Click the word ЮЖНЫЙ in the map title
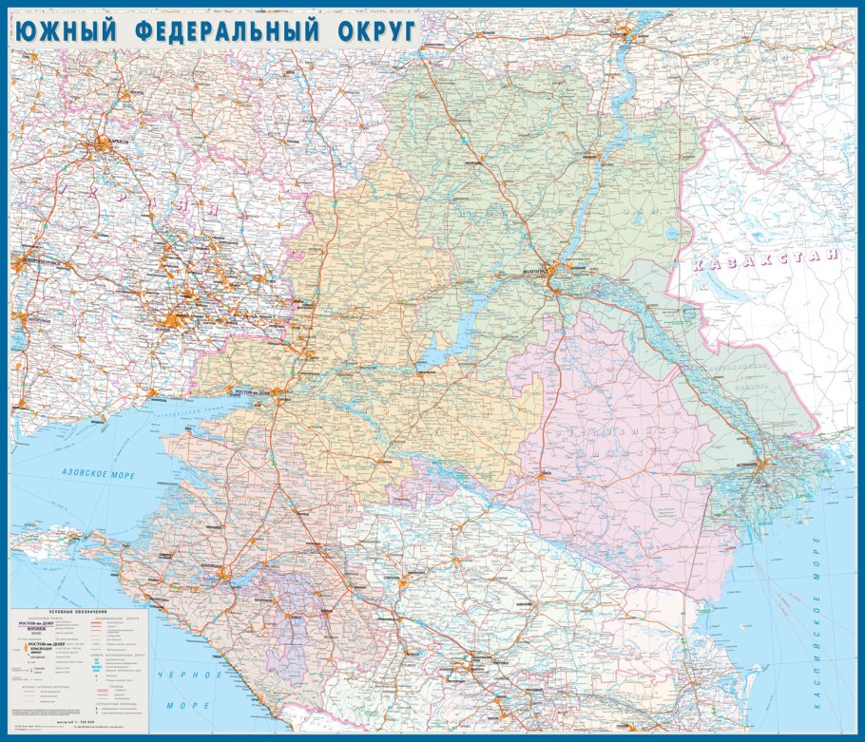[x=66, y=30]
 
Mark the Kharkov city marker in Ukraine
[x=103, y=144]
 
